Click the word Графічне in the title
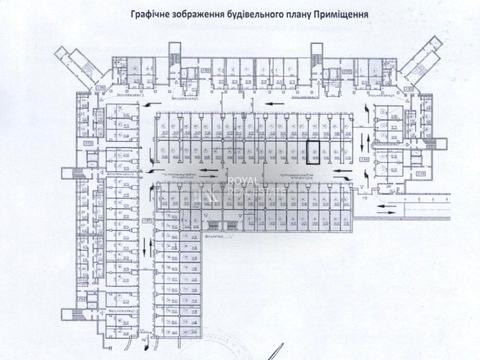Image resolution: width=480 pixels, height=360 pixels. click(x=147, y=15)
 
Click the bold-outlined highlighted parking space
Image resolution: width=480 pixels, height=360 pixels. click(x=313, y=150)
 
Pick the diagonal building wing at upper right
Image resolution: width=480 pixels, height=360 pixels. click(x=427, y=55)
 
